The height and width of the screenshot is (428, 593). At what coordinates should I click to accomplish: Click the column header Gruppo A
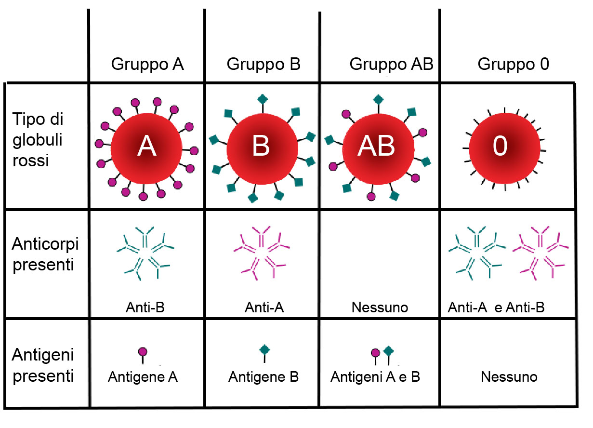147,64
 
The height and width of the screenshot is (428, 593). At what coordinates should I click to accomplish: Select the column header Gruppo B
264,64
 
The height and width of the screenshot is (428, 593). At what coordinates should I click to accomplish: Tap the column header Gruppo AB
391,64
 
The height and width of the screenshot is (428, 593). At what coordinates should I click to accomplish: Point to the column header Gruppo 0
513,64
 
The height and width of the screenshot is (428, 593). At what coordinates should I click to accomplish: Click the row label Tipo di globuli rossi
39,140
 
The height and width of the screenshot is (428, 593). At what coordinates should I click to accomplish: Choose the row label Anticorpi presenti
45,254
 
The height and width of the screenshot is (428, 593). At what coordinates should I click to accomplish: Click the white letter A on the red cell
146,147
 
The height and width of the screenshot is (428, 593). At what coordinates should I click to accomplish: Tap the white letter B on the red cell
261,147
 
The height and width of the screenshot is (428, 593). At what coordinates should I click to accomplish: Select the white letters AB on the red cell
376,147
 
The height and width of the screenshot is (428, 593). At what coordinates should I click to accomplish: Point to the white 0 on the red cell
501,147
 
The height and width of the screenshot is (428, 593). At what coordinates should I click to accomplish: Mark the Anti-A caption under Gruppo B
264,307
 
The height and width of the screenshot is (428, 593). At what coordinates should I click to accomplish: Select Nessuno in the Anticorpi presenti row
380,307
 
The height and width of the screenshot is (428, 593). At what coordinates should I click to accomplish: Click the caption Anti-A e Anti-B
496,307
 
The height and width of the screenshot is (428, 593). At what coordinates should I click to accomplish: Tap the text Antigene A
143,376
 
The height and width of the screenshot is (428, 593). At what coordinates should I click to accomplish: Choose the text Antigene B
264,376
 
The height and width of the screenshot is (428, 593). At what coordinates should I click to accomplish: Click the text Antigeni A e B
375,376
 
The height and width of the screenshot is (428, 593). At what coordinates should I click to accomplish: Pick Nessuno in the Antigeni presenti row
509,376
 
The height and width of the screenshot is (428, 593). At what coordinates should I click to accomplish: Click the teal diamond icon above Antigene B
264,349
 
